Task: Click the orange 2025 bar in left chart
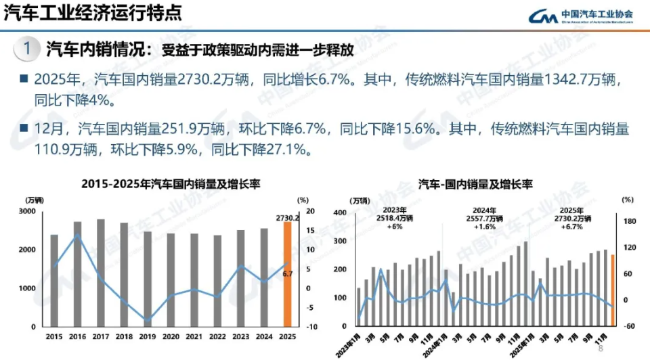pos(287,274)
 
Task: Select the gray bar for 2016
pos(78,274)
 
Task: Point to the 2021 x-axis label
pos(194,336)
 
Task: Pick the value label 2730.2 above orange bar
pos(288,218)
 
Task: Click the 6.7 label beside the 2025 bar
pos(287,274)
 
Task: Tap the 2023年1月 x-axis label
pos(349,344)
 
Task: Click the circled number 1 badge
pos(26,49)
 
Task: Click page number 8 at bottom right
pos(600,348)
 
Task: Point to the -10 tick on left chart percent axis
pos(311,327)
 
